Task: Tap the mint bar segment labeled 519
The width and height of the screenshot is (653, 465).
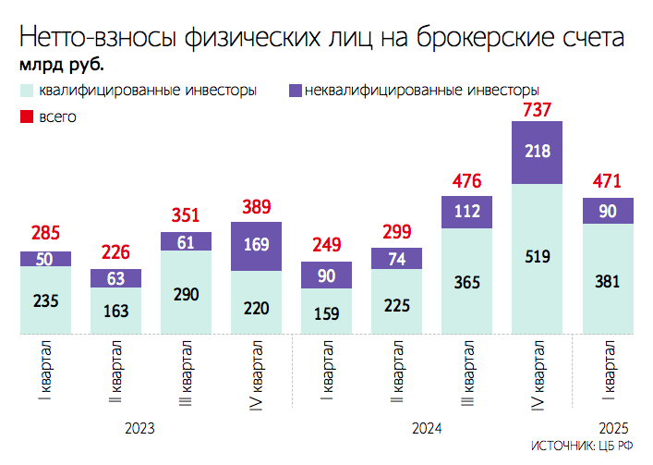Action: (537, 259)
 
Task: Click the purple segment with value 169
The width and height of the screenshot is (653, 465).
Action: (256, 246)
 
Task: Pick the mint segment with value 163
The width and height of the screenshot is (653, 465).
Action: (115, 311)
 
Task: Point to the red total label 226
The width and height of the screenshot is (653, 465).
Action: (115, 251)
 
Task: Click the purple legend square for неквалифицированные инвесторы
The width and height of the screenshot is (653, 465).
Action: (296, 91)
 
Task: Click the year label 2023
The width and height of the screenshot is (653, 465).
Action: (139, 429)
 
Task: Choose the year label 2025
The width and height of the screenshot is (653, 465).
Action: (614, 429)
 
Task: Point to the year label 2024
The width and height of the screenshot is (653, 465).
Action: (426, 429)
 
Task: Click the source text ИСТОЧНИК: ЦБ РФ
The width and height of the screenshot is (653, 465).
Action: (582, 447)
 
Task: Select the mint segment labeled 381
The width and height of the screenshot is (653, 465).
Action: (608, 278)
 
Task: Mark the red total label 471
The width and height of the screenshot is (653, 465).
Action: (608, 180)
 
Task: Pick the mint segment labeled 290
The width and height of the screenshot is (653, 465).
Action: (186, 292)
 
